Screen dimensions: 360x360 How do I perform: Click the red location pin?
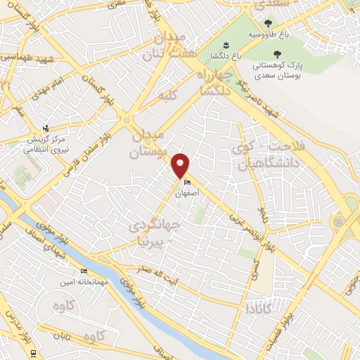(181, 165)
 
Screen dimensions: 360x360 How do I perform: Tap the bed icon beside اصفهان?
(186, 183)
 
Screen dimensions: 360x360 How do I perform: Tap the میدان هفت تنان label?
(166, 46)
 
